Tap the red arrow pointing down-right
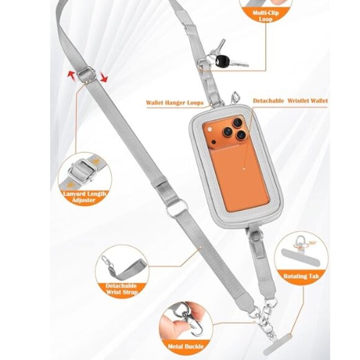click(104, 78)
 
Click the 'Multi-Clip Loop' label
click(266, 16)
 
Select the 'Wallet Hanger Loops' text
click(174, 102)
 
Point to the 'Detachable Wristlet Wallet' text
click(290, 101)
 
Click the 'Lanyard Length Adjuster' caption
click(84, 197)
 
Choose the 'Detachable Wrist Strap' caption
click(122, 289)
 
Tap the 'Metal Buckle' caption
click(186, 346)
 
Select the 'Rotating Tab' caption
click(301, 276)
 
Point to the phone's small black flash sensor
click(214, 142)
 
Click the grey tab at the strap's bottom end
click(277, 344)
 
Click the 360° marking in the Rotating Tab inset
click(313, 243)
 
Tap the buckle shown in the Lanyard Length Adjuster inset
click(82, 171)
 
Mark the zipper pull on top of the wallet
click(235, 97)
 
